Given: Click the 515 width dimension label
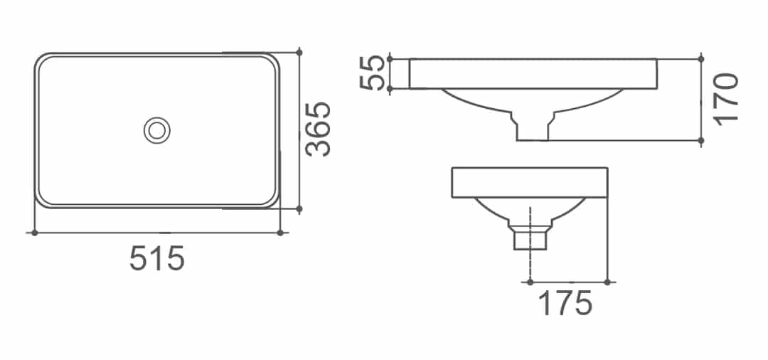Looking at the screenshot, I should point(157,258).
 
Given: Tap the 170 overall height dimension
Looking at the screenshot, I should point(727,99).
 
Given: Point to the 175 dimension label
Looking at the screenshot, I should point(565,304).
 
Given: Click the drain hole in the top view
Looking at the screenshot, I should point(156,129).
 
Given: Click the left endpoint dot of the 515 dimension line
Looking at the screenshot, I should point(33,232).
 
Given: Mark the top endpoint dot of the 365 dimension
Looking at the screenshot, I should point(299,52).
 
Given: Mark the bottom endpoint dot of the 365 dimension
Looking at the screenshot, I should point(299,209).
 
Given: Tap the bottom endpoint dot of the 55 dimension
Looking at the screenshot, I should point(390,88).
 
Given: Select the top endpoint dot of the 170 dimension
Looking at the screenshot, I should point(701,58).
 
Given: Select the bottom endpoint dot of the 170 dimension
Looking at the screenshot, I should point(701,141).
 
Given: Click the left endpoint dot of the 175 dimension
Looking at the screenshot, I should point(530,282).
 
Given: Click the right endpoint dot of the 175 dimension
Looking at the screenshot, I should point(607,282).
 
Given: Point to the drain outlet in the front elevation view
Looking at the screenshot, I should point(532,128).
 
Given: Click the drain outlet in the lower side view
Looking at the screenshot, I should point(530,238).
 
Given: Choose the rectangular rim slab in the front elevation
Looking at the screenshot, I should point(533,74).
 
